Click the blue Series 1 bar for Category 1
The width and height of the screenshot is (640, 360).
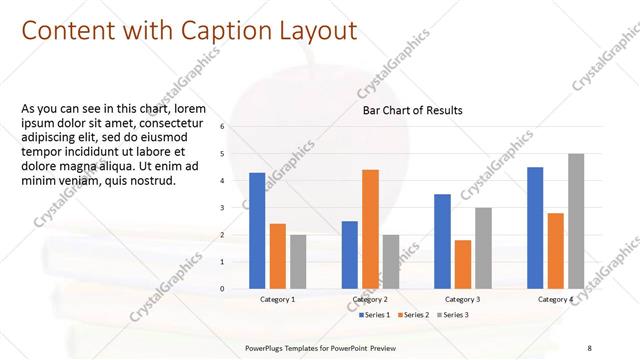click(257, 230)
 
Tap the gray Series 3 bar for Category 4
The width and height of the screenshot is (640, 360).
click(576, 221)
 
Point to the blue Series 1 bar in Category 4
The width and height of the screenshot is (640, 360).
click(535, 227)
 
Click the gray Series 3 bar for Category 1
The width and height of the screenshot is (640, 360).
click(298, 261)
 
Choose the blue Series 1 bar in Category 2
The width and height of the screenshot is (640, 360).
click(349, 254)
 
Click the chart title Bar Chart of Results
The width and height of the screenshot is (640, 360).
click(412, 111)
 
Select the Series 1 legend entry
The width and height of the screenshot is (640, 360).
click(375, 315)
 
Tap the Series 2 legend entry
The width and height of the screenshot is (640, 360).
click(415, 315)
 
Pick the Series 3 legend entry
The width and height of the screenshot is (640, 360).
click(453, 315)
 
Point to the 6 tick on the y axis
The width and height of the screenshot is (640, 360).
click(237, 127)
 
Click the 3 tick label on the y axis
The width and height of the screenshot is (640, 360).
click(237, 208)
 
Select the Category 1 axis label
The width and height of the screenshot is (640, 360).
click(277, 299)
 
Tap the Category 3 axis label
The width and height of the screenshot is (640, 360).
click(462, 299)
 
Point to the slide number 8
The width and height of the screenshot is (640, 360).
click(590, 347)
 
